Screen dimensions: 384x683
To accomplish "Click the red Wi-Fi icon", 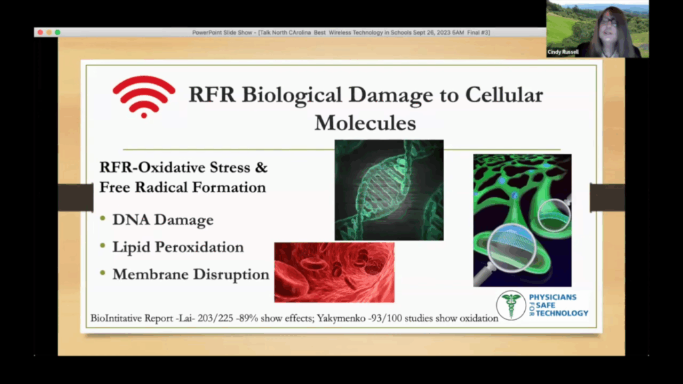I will [x=143, y=96].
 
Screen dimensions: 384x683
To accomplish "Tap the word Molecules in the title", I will [x=365, y=123].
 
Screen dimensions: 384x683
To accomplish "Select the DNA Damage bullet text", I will [x=163, y=221].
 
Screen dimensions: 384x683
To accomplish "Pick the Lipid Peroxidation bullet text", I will [x=178, y=247].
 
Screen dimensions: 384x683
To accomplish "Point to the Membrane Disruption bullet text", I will [x=191, y=274].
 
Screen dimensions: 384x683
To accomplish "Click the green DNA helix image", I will [x=389, y=189].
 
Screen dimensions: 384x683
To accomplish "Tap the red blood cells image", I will [x=334, y=272].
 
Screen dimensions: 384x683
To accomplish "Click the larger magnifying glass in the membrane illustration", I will [x=512, y=248].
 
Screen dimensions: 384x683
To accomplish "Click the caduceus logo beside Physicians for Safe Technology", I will [x=511, y=305].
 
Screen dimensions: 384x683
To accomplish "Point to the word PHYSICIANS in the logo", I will [x=552, y=297].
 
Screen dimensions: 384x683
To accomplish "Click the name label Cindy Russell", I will [x=564, y=51].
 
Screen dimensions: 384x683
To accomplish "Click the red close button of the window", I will [x=40, y=32].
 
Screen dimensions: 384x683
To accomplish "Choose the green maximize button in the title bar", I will [x=57, y=32].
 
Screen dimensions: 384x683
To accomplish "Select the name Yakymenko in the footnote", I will [x=331, y=319].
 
